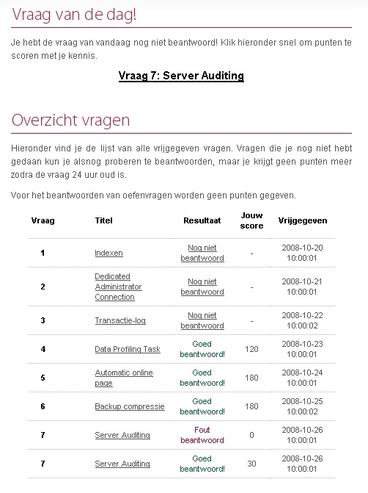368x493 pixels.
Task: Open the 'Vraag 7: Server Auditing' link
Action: point(181,76)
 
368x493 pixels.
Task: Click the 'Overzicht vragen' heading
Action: point(70,120)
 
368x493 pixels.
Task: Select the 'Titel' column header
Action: point(104,220)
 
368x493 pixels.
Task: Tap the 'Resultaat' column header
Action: point(202,220)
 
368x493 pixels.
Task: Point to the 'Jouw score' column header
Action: point(251,220)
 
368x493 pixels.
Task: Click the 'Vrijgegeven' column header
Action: point(303,220)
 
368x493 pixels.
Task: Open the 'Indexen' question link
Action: point(108,253)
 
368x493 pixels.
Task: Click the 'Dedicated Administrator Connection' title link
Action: point(118,287)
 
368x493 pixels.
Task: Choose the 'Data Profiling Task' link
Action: point(128,349)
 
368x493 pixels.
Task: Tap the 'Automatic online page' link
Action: point(124,378)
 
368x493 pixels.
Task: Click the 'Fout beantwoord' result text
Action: point(202,435)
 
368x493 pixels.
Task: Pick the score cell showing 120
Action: point(251,349)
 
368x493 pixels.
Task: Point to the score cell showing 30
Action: point(251,464)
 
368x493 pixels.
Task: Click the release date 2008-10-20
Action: point(303,248)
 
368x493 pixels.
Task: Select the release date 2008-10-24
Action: point(303,373)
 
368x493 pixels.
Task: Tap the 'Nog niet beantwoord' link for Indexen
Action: point(202,253)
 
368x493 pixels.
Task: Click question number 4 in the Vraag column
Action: point(43,349)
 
